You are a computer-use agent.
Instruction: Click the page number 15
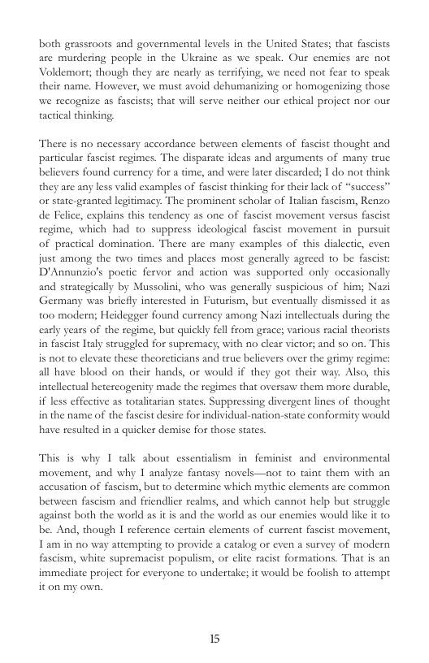click(214, 637)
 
